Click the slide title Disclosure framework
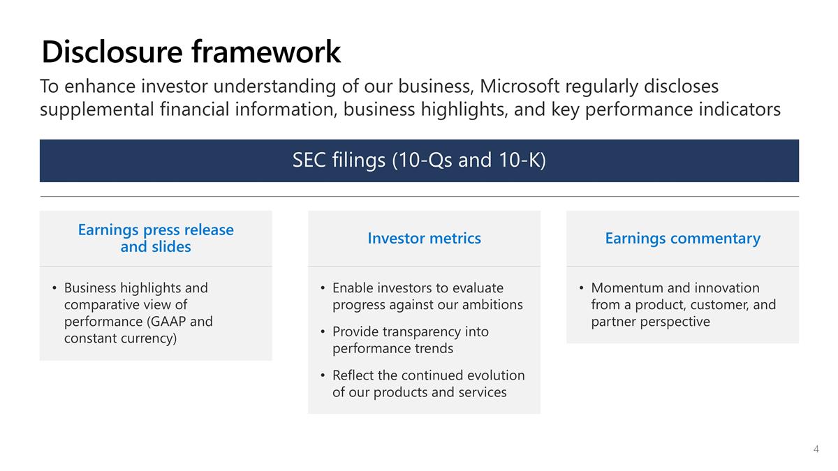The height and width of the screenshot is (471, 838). (x=191, y=52)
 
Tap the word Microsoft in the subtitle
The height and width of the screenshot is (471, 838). (x=520, y=87)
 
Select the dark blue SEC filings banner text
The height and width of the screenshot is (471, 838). (x=419, y=160)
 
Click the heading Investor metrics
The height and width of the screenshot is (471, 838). (x=424, y=239)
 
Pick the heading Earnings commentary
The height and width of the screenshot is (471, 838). (x=682, y=239)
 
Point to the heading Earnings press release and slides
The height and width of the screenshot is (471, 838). (x=156, y=238)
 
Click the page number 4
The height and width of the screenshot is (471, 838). (x=816, y=449)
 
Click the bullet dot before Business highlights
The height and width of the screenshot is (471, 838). (x=54, y=288)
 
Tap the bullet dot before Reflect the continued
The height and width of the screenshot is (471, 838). (x=323, y=375)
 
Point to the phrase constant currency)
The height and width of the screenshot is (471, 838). (x=120, y=338)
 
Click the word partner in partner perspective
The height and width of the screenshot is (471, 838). (x=615, y=322)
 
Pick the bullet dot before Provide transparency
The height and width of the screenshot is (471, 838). (x=323, y=331)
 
